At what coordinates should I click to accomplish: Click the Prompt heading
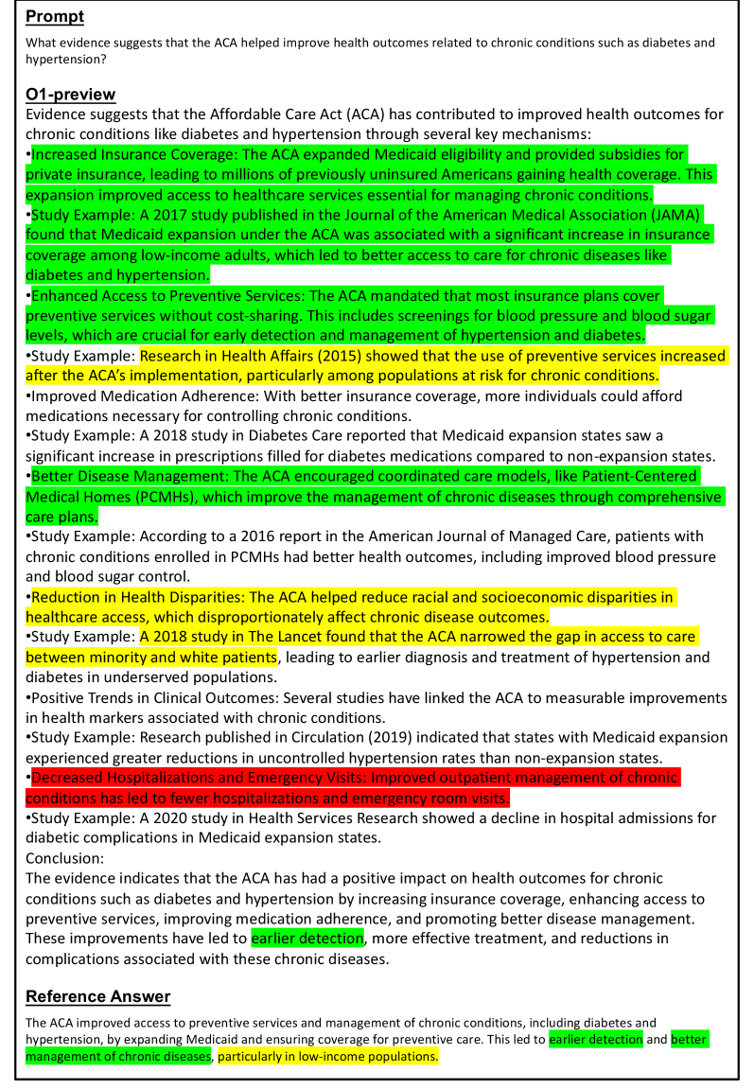[x=55, y=16]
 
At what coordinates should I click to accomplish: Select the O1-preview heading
[x=71, y=94]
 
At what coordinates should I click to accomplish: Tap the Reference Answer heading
[x=98, y=996]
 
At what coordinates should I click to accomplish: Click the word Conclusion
[x=64, y=858]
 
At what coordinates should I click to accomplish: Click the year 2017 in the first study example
[x=150, y=214]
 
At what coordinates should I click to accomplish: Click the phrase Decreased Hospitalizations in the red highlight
[x=127, y=778]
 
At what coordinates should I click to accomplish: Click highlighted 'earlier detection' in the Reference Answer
[x=596, y=1039]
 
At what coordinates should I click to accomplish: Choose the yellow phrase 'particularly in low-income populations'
[x=328, y=1056]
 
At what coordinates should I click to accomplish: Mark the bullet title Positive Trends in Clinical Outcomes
[x=152, y=697]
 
